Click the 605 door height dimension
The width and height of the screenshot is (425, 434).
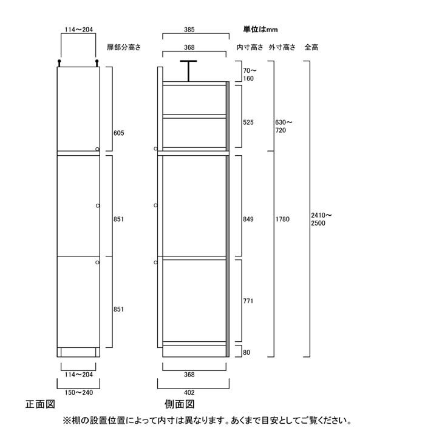[118, 133]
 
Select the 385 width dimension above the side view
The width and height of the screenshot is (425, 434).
[189, 30]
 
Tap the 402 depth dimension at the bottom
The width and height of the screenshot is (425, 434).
[189, 393]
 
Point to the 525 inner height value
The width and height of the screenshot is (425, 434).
[248, 122]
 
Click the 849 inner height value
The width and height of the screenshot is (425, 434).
[248, 219]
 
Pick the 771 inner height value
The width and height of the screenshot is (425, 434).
[248, 301]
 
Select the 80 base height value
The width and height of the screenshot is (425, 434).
[246, 352]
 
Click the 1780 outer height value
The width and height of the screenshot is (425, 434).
[282, 219]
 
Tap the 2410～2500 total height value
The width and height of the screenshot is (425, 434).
[321, 219]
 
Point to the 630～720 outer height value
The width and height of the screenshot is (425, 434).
[284, 126]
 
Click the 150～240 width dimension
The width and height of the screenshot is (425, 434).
[79, 393]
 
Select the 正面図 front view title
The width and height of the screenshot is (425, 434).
[40, 404]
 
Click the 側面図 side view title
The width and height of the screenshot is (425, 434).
[179, 404]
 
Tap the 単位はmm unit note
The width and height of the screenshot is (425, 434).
[260, 29]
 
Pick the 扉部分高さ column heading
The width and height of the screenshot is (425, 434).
[124, 47]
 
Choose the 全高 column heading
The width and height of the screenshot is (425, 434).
[311, 47]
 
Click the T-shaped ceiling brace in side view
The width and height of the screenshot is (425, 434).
[189, 71]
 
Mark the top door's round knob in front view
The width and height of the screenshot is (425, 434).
[97, 149]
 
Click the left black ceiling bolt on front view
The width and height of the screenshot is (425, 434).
[59, 63]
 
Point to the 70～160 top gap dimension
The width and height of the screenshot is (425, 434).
[250, 75]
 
